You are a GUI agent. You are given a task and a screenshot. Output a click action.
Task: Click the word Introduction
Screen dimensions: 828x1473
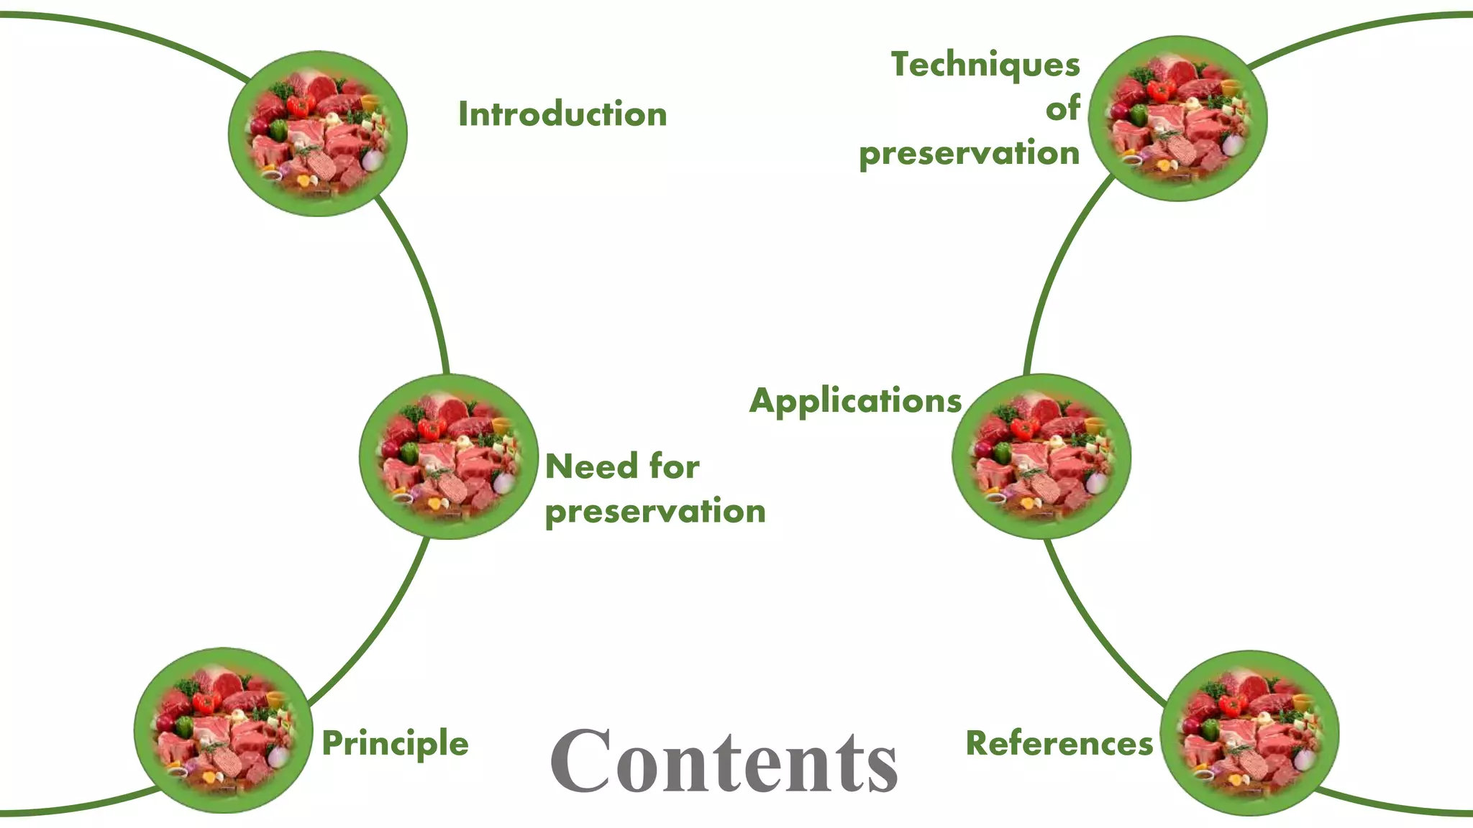click(562, 114)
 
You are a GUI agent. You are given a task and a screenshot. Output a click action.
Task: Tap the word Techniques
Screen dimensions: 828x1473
click(985, 65)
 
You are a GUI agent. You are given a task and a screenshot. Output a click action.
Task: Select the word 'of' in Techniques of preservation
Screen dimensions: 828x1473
click(1062, 109)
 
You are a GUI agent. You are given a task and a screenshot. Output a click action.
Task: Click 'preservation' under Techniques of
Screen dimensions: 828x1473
click(969, 154)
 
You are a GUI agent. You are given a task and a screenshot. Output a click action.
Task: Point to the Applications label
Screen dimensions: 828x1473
click(855, 401)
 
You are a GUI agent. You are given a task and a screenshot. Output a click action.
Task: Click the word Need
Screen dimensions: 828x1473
click(592, 466)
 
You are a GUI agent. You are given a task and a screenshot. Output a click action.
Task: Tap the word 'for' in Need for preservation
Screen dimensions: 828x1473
click(674, 466)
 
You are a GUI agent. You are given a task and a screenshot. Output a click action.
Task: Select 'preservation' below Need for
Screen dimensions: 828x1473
click(655, 512)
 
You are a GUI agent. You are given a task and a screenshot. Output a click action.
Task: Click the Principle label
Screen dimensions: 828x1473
click(395, 743)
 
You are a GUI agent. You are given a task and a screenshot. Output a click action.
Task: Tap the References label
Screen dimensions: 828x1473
click(1059, 743)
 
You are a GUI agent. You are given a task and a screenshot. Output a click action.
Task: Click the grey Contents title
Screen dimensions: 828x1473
click(724, 762)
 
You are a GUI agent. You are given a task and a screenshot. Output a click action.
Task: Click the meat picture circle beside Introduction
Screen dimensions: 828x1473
click(318, 134)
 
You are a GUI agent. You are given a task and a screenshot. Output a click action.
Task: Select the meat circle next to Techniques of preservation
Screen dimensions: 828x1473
click(1177, 119)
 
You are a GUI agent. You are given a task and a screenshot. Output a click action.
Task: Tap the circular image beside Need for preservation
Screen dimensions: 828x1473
click(449, 456)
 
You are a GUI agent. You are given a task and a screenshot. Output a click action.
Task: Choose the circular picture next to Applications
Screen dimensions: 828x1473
click(1041, 456)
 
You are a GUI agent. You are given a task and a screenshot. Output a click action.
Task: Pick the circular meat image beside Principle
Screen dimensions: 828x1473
click(223, 730)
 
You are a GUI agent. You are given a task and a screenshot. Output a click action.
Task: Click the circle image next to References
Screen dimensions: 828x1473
click(1250, 733)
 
